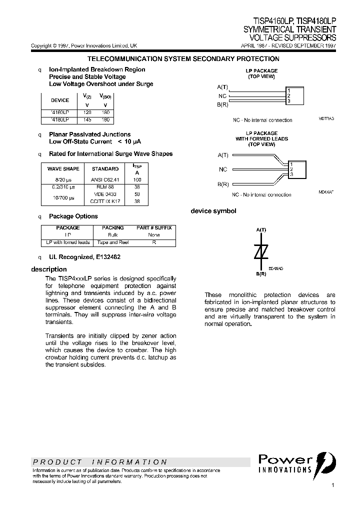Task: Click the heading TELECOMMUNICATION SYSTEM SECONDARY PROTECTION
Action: point(183,59)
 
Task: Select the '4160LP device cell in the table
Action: point(60,113)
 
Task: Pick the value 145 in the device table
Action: point(87,120)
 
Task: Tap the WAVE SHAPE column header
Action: point(63,169)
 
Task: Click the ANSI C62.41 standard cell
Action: point(105,179)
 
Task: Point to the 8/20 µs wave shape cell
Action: point(63,179)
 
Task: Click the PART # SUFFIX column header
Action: point(154,227)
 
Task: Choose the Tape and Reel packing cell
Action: point(113,242)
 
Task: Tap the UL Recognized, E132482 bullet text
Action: point(84,257)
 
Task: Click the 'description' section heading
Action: point(49,269)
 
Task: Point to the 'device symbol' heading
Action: point(213,211)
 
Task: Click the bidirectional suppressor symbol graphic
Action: point(261,253)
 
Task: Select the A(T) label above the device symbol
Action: point(261,229)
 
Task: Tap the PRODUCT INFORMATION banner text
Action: point(99,462)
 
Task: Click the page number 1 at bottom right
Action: point(333,485)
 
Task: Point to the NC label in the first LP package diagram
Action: point(222,96)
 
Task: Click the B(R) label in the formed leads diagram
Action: point(222,184)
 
